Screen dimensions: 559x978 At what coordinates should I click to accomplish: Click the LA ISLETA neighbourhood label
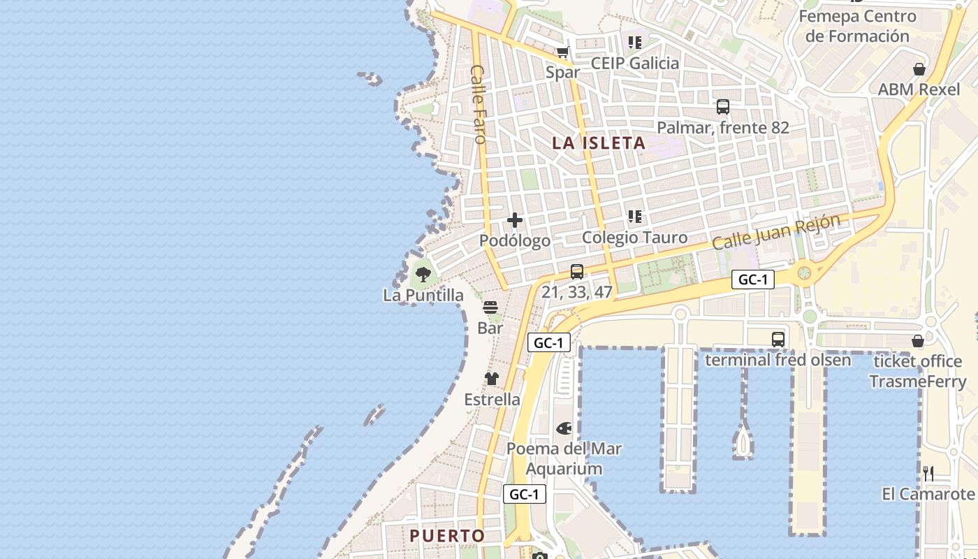[x=599, y=143]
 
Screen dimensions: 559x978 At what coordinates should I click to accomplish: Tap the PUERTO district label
[x=447, y=536]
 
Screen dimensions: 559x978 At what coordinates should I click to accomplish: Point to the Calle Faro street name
[x=479, y=104]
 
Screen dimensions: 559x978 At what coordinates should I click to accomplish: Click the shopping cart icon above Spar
[x=563, y=52]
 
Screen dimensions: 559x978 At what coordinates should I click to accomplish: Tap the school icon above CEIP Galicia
[x=634, y=43]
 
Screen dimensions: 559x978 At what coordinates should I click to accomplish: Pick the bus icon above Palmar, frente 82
[x=723, y=107]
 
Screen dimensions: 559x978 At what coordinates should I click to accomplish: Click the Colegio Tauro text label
[x=634, y=238]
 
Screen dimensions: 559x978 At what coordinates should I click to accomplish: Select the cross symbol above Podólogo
[x=515, y=220]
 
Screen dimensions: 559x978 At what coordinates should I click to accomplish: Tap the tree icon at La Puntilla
[x=423, y=274]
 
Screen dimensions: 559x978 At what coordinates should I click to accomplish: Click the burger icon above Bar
[x=490, y=307]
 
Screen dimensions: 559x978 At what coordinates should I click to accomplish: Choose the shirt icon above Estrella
[x=492, y=379]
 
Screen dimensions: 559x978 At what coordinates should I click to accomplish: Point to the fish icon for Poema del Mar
[x=564, y=428]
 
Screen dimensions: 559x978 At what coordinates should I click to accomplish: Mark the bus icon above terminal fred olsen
[x=778, y=340]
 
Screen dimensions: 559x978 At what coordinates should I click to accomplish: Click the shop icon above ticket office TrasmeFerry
[x=918, y=341]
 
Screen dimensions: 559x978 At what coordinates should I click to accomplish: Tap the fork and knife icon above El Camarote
[x=928, y=473]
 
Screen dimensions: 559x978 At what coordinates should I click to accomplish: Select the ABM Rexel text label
[x=919, y=89]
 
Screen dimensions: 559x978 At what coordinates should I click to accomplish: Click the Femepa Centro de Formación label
[x=857, y=26]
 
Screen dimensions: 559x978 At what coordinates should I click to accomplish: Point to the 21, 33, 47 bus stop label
[x=577, y=292]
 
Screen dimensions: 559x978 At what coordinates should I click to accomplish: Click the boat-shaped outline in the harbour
[x=743, y=441]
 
